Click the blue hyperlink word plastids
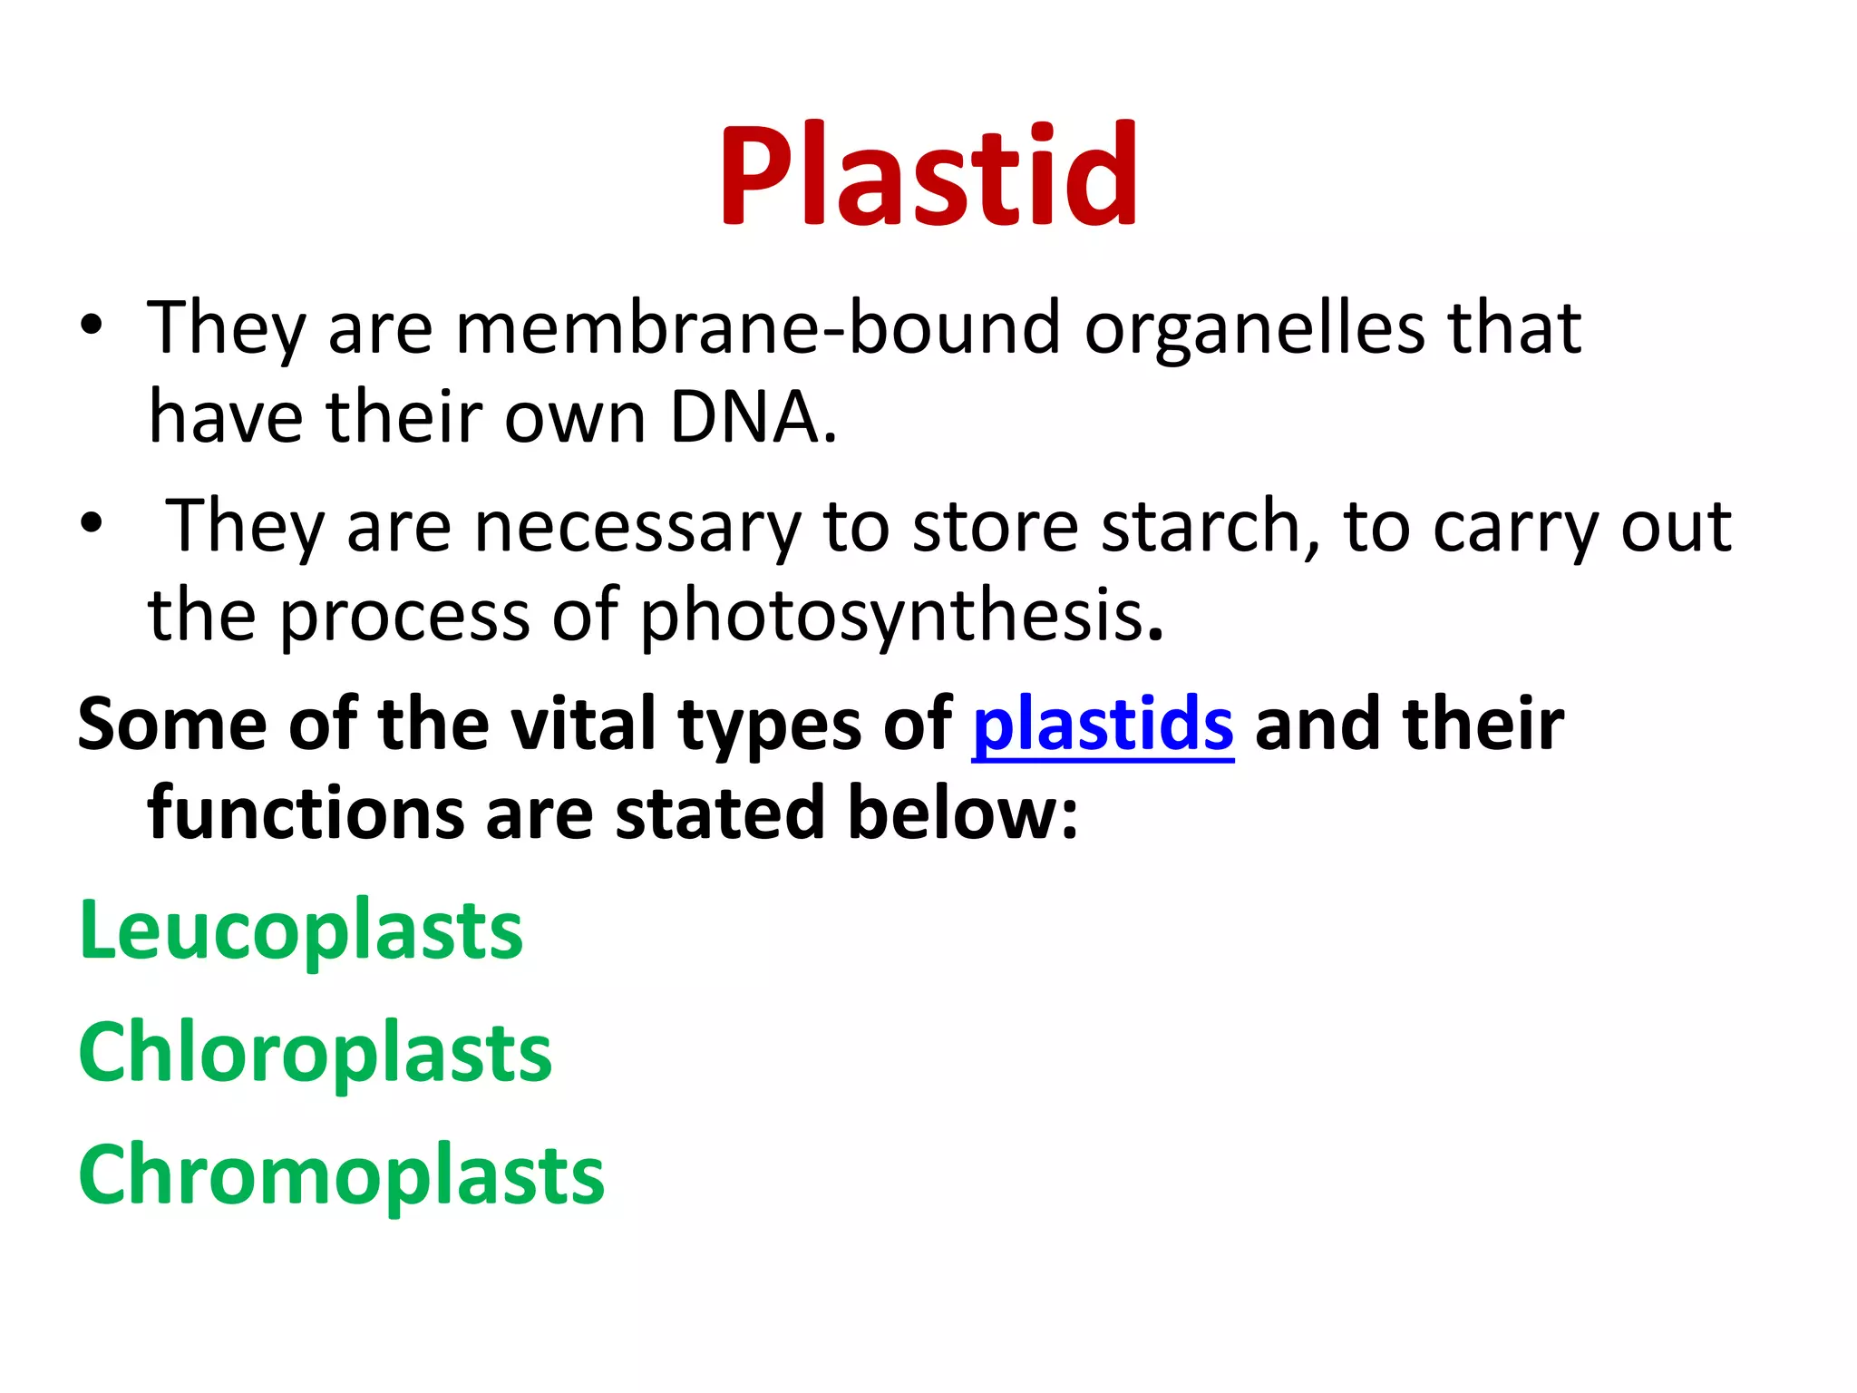tap(1103, 726)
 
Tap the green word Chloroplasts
tap(315, 1053)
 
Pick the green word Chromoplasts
tap(341, 1175)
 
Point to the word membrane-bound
tap(757, 328)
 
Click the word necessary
tap(637, 529)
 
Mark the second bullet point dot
tap(92, 523)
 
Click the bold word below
tap(962, 813)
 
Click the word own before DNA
tap(575, 419)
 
